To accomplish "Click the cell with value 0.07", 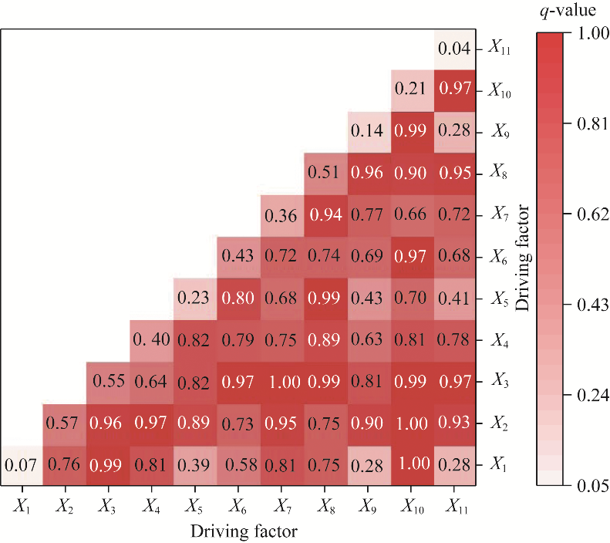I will click(x=22, y=465).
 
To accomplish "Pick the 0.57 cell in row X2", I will click(x=66, y=423).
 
